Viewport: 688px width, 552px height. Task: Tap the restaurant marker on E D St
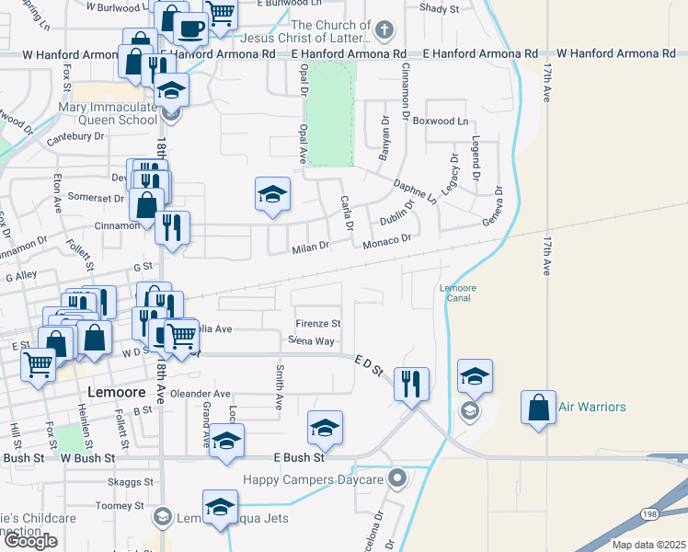[411, 383]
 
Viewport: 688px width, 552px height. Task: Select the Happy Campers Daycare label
[313, 479]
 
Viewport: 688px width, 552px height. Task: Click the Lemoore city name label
[117, 392]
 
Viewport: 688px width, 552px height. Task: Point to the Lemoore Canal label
[457, 293]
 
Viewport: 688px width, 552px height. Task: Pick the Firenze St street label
[318, 324]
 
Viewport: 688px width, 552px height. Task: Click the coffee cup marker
[191, 29]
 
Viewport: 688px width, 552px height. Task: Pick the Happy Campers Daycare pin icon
[397, 477]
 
